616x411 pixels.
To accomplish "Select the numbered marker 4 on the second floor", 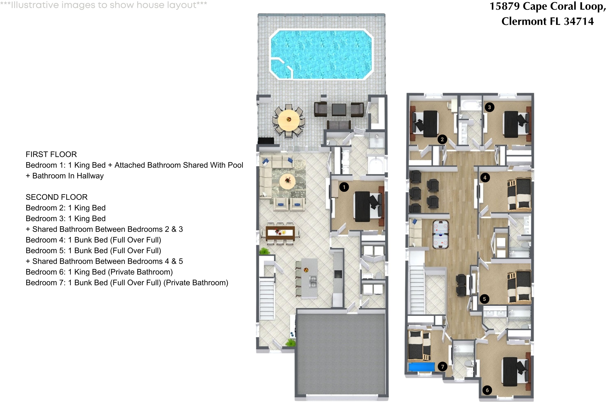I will point(485,178).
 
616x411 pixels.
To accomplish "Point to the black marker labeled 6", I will point(487,390).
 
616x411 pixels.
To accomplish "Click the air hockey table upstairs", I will point(440,234).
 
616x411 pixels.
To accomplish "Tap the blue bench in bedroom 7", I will point(421,367).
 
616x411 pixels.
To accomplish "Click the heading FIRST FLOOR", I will point(51,154).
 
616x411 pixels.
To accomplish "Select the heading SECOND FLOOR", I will point(57,197).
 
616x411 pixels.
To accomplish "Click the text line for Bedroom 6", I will point(99,272).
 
